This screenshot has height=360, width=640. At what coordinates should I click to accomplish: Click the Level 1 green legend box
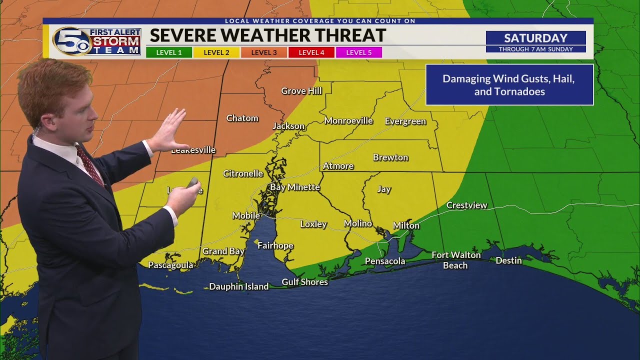point(169,52)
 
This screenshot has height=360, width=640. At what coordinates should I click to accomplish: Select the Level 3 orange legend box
point(264,52)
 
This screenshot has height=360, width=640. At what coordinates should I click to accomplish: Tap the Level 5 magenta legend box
point(358,52)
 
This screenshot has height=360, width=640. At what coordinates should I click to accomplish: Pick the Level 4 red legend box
point(311,52)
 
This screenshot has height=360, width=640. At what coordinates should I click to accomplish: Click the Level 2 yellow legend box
point(216,52)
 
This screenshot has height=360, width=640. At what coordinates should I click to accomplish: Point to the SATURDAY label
point(535,38)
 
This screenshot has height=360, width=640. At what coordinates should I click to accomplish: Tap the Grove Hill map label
point(301,91)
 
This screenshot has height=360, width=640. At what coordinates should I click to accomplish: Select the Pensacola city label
point(384,261)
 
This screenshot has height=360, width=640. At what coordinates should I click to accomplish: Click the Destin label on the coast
point(508,260)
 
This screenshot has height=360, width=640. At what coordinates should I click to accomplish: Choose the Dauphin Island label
point(238,286)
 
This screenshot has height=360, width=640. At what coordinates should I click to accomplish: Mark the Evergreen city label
point(405,121)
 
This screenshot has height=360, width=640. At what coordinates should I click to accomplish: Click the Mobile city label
point(246,215)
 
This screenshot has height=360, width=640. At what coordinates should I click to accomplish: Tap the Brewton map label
point(390,157)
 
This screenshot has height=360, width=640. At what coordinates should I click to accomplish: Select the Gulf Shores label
point(304,282)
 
